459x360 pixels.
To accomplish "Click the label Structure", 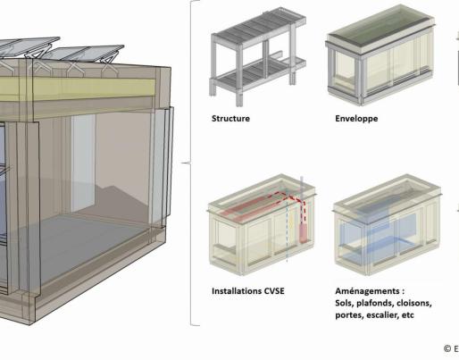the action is (230, 119).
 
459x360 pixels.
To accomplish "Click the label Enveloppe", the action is (356, 119).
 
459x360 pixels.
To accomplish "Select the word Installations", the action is (236, 291).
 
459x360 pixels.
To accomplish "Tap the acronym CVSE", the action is (274, 291).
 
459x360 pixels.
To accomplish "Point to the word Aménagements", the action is (367, 291).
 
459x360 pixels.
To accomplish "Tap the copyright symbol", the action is (447, 348).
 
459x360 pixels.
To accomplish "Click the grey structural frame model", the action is (258, 56).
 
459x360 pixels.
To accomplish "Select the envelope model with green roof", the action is (380, 55).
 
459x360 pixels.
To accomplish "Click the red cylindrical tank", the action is (304, 233).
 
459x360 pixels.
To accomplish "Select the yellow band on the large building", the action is (78, 88).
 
